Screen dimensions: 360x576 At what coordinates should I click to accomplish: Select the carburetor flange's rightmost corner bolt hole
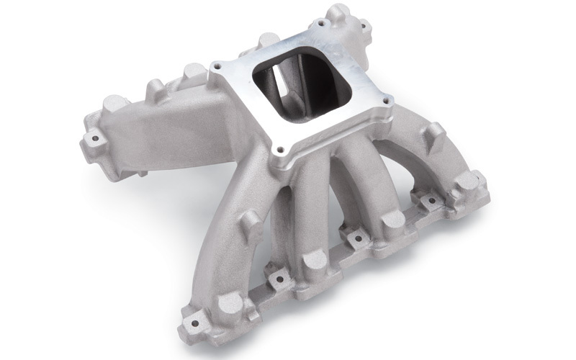point(389,102)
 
